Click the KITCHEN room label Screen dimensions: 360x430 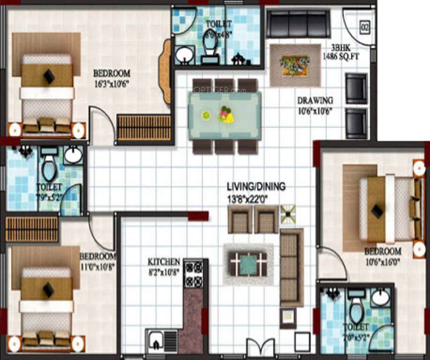pyautogui.click(x=163, y=262)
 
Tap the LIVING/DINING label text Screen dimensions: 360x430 pyautogui.click(x=256, y=187)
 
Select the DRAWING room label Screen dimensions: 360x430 pyautogui.click(x=315, y=100)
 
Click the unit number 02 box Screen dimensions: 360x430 pyautogui.click(x=365, y=27)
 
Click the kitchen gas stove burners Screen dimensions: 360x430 pyautogui.click(x=193, y=273)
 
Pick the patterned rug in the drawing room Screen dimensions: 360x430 pyautogui.click(x=295, y=65)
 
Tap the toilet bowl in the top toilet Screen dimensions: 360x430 pyautogui.click(x=209, y=46)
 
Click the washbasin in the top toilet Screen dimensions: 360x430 pyautogui.click(x=185, y=55)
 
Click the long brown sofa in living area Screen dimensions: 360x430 pyautogui.click(x=291, y=268)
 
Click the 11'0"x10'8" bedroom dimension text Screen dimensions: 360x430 pyautogui.click(x=97, y=266)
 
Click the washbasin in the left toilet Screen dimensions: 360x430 pyautogui.click(x=73, y=155)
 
